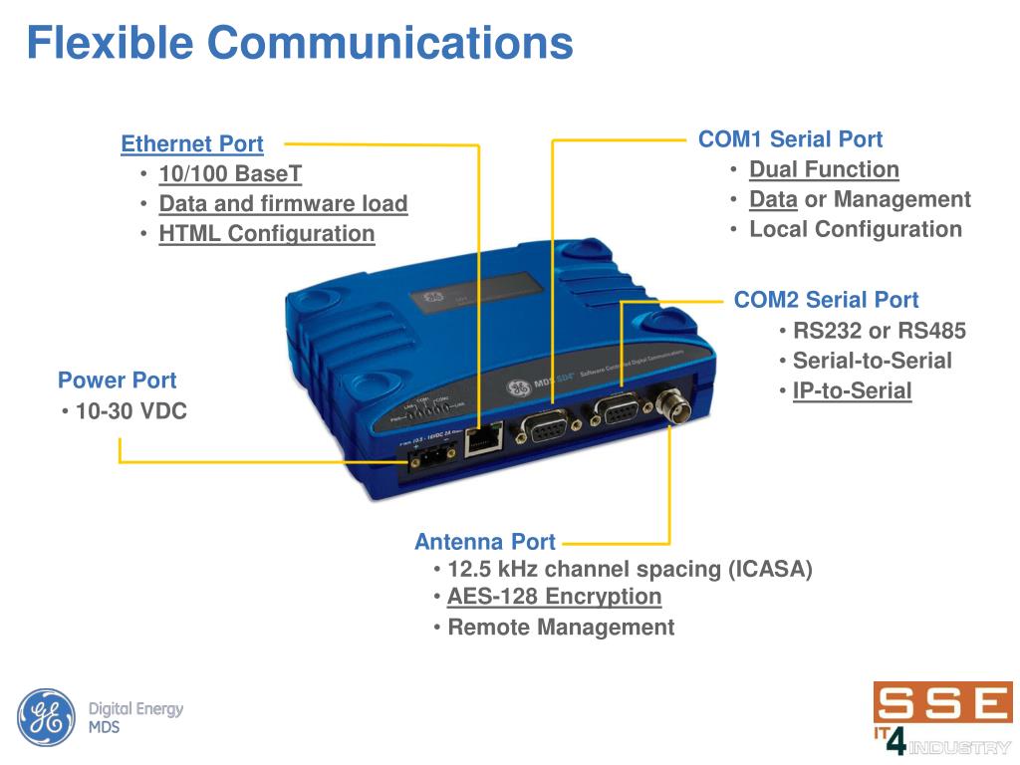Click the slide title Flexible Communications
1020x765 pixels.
click(299, 43)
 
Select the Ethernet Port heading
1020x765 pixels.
click(192, 144)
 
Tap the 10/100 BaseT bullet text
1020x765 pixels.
click(230, 174)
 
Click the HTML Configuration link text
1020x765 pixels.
click(267, 234)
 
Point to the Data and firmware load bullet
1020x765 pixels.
click(283, 204)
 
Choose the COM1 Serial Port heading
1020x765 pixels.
click(790, 139)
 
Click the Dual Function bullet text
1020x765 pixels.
click(824, 169)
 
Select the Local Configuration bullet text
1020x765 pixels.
click(856, 229)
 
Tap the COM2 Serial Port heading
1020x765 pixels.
click(826, 300)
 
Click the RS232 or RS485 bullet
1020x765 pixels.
click(879, 331)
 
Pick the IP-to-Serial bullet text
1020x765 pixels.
click(852, 390)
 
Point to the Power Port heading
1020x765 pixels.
click(117, 381)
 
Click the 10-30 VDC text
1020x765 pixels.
click(130, 411)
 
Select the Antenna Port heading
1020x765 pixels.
click(485, 542)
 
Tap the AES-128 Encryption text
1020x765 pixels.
click(554, 597)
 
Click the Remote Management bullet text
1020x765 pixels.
click(561, 628)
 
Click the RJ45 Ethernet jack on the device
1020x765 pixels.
click(483, 438)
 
